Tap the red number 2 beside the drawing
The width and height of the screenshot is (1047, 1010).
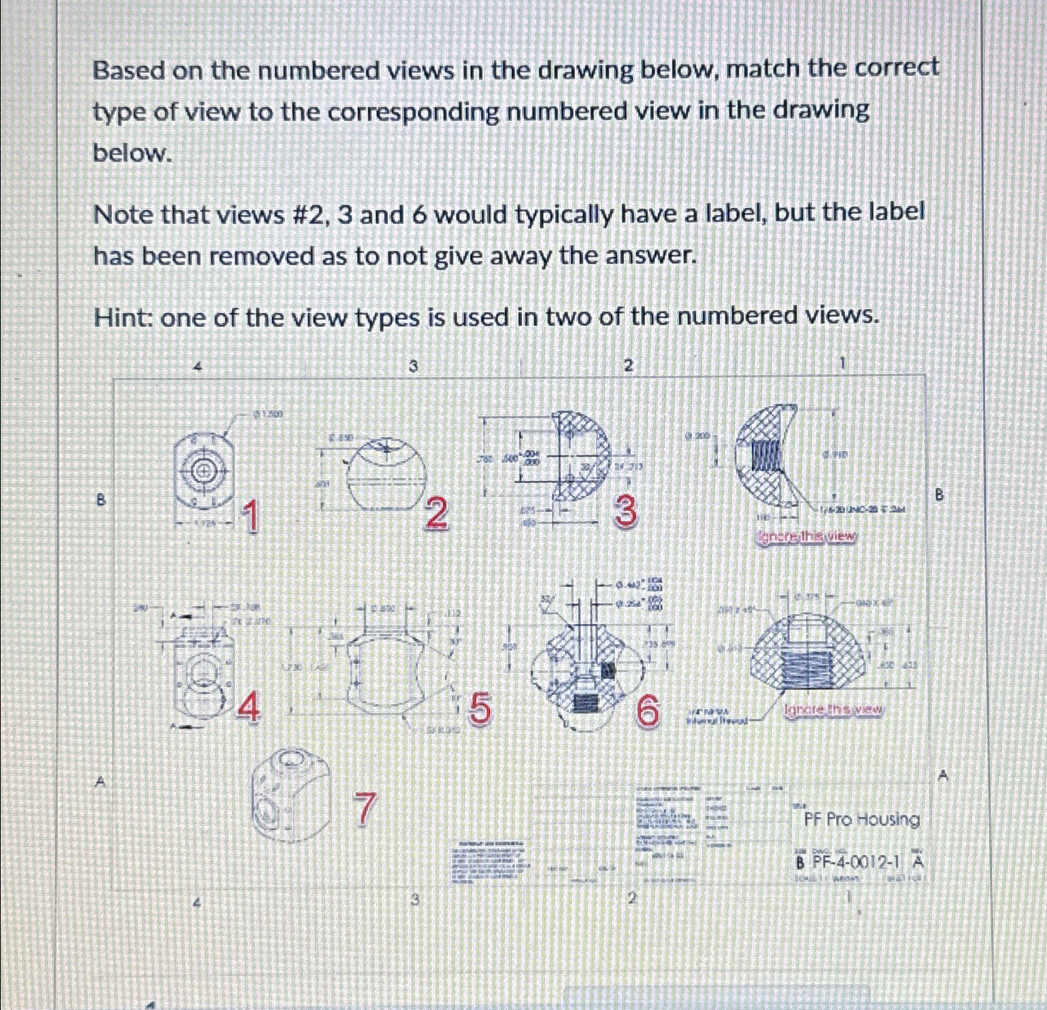click(436, 515)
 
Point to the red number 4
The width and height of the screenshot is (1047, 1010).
click(248, 708)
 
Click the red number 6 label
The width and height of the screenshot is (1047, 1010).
click(648, 712)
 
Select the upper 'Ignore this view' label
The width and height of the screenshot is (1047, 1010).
click(806, 536)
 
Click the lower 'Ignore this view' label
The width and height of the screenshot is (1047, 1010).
click(834, 710)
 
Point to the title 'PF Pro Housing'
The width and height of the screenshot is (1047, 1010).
click(861, 819)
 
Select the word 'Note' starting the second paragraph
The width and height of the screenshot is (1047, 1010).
click(122, 214)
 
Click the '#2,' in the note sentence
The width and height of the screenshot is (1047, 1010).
click(309, 214)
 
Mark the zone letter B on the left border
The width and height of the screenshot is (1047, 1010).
click(101, 500)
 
